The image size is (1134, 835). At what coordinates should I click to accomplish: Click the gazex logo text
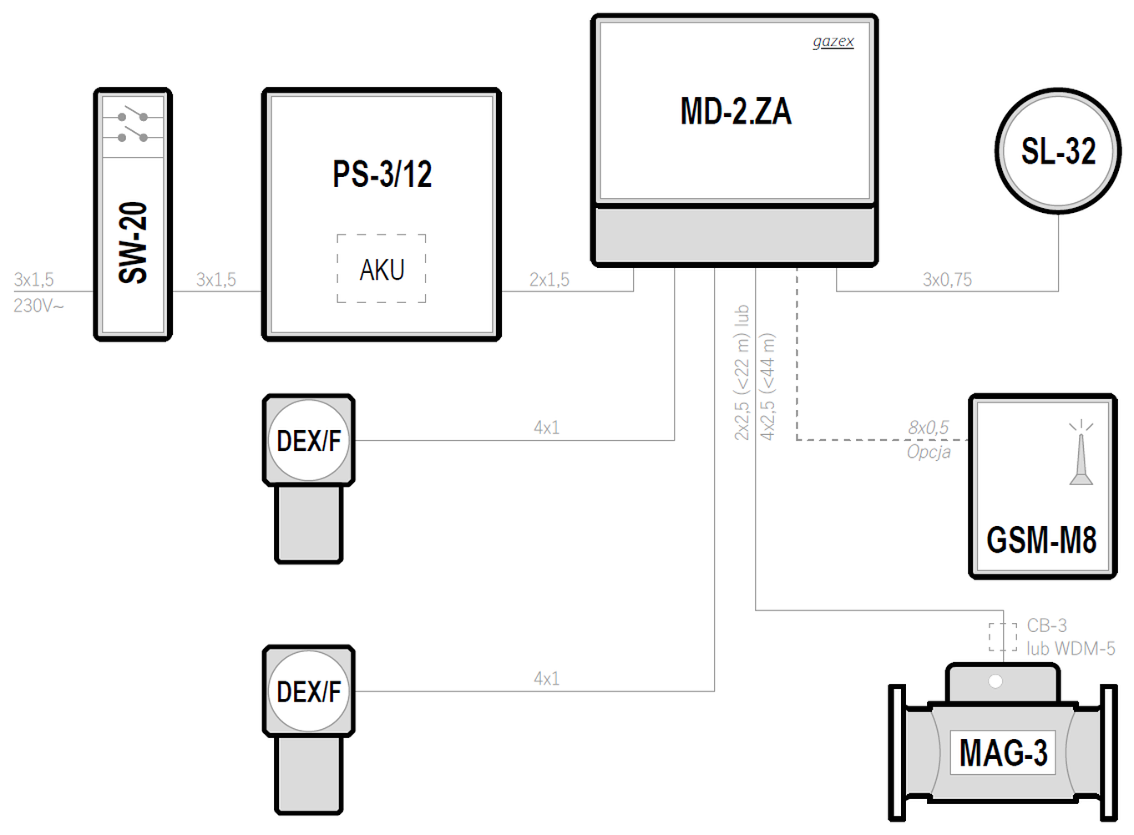pyautogui.click(x=833, y=42)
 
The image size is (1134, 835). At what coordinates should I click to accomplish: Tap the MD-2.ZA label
pyautogui.click(x=736, y=111)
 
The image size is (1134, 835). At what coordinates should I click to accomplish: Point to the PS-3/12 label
pyautogui.click(x=382, y=175)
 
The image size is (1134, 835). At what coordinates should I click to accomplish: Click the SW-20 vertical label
pyautogui.click(x=133, y=243)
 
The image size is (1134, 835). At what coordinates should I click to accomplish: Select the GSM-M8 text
pyautogui.click(x=1041, y=539)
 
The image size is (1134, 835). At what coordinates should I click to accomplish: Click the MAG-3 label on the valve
pyautogui.click(x=1003, y=752)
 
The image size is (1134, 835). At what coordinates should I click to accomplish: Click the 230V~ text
pyautogui.click(x=39, y=306)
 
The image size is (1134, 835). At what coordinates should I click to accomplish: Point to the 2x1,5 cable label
pyautogui.click(x=549, y=280)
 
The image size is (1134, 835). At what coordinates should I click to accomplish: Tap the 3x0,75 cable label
pyautogui.click(x=947, y=280)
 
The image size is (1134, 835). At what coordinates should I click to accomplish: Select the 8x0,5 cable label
pyautogui.click(x=928, y=428)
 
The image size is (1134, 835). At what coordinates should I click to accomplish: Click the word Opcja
pyautogui.click(x=929, y=452)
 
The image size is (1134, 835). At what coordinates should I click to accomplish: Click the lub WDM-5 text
pyautogui.click(x=1071, y=649)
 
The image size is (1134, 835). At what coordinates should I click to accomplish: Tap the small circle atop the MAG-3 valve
pyautogui.click(x=995, y=681)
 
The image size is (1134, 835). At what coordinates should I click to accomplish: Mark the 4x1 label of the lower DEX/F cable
pyautogui.click(x=547, y=679)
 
